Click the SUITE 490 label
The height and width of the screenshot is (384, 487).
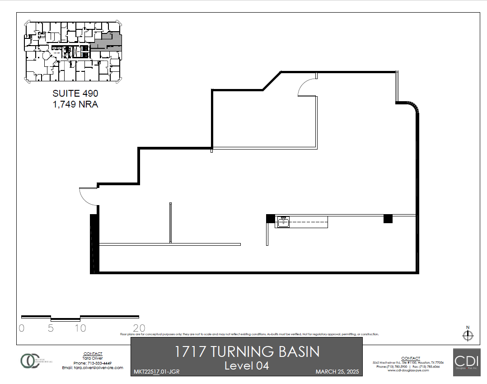[75, 94]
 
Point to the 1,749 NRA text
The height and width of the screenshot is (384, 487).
[75, 104]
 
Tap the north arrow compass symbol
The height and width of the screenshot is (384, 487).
[468, 335]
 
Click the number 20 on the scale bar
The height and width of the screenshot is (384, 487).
[139, 328]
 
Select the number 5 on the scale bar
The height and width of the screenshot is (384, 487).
[51, 328]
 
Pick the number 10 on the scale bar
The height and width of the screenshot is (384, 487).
[80, 328]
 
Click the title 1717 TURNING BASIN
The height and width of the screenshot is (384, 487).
[247, 351]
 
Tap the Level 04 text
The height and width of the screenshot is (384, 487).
[247, 365]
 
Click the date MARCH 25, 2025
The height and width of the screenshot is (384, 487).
[337, 372]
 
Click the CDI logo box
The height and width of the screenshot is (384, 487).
[467, 361]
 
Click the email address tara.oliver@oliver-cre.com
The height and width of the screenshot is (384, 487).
[93, 368]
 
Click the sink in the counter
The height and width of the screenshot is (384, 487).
[283, 221]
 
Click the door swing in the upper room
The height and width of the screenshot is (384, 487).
[307, 87]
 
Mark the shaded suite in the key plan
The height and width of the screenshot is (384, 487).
[108, 42]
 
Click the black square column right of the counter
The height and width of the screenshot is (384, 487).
[388, 219]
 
